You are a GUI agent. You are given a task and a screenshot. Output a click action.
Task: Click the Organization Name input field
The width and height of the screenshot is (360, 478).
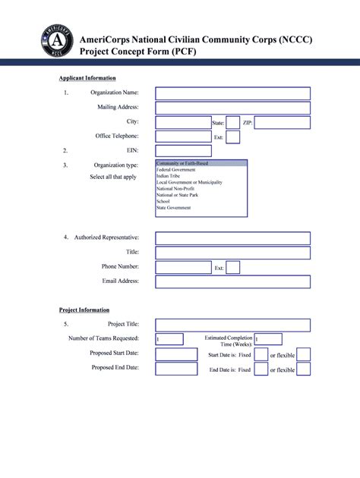[232, 93]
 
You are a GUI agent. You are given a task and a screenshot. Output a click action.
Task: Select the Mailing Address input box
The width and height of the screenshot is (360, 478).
[232, 108]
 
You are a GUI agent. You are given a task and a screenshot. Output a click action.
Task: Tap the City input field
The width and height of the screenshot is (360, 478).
[182, 122]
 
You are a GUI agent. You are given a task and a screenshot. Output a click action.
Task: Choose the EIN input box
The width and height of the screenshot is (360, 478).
[183, 151]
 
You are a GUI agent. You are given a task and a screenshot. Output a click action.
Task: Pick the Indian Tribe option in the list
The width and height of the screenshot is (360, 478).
[169, 176]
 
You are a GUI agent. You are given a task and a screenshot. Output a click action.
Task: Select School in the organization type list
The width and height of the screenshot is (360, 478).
[163, 201]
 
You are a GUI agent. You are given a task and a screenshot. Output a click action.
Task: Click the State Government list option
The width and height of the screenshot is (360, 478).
[174, 207]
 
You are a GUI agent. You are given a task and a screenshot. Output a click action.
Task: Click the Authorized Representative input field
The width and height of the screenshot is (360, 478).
[232, 238]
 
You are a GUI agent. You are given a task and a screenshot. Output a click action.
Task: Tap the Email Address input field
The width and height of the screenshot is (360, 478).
[232, 281]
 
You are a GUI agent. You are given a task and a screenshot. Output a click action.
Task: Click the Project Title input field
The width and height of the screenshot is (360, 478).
[232, 325]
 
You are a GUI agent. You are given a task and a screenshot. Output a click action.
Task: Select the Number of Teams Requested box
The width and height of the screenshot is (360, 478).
[169, 339]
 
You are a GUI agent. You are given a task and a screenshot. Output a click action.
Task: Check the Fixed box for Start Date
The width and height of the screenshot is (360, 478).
[261, 354]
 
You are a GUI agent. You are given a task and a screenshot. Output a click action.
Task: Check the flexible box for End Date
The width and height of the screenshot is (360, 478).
[303, 370]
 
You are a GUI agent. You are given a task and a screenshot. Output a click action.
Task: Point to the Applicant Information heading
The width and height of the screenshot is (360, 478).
[87, 78]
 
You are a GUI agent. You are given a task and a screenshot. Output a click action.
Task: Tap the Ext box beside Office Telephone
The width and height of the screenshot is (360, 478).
[233, 137]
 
